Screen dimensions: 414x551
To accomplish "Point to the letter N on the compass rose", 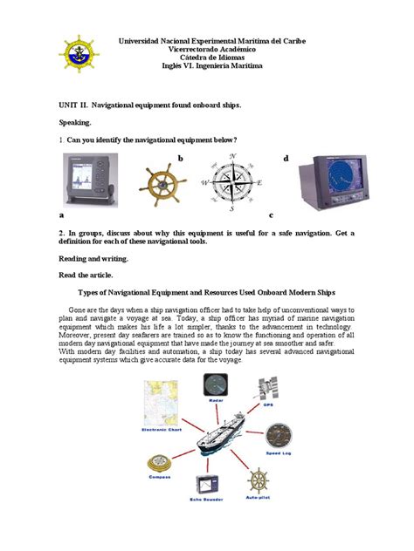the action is coord(232,156).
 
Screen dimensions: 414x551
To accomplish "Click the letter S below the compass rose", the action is coord(231,209).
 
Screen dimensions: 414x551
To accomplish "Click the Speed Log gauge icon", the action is coord(279,436).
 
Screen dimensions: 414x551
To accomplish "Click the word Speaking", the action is coord(77,125).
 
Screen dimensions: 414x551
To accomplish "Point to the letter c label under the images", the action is coord(272,214).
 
